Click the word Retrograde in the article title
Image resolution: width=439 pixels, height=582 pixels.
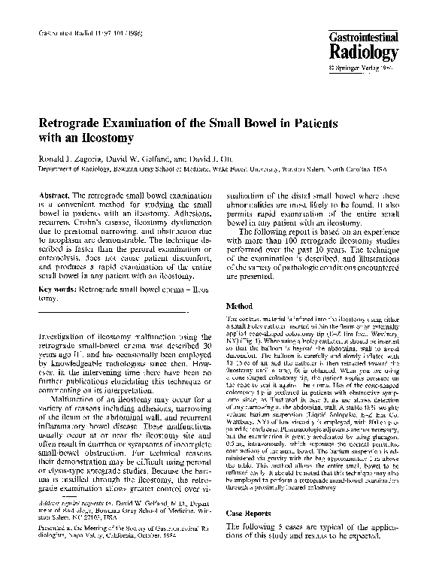click(x=73, y=123)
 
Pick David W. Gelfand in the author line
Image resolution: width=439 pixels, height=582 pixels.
click(x=150, y=160)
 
